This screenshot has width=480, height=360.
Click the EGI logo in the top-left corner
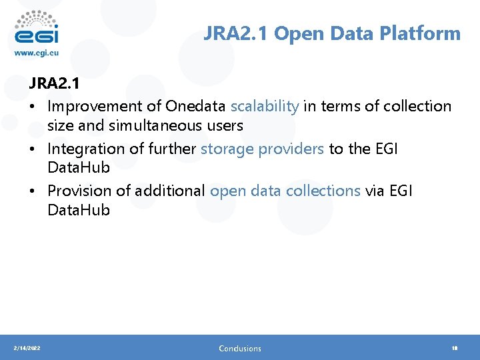point(36,27)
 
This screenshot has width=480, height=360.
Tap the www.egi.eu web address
point(37,53)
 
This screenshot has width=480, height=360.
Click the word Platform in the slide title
point(426,33)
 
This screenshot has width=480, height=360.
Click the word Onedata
point(196,106)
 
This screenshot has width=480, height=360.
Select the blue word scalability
point(265,106)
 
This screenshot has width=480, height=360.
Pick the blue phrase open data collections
point(285,191)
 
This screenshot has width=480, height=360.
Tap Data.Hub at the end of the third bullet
point(78,210)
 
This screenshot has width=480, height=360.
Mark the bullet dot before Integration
point(33,149)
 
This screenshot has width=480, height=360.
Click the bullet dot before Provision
point(33,191)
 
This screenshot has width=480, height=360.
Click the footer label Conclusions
point(240,348)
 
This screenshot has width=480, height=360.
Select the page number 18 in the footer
point(455,348)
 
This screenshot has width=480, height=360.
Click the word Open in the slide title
point(295,33)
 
